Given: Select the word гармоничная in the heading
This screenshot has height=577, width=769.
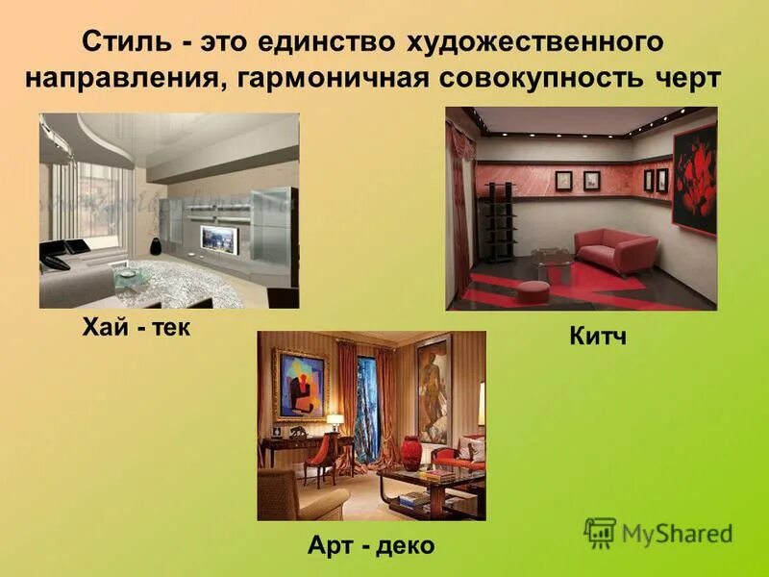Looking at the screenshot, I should click(328, 78).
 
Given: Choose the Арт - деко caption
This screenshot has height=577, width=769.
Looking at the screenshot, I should click(371, 546).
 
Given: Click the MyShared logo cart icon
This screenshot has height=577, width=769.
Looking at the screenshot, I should click(600, 532).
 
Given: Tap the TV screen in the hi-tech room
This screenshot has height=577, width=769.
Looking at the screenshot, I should click(218, 238).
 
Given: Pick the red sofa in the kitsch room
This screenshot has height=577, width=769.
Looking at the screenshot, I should click(614, 251).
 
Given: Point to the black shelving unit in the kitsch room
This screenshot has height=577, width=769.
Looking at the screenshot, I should click(496, 222).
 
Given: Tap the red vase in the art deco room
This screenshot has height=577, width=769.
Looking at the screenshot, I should click(411, 453).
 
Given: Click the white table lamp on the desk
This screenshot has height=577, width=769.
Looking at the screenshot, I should click(335, 422).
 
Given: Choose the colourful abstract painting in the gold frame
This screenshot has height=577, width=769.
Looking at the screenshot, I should click(300, 385).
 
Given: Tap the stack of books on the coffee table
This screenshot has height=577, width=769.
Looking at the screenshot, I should click(438, 475).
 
